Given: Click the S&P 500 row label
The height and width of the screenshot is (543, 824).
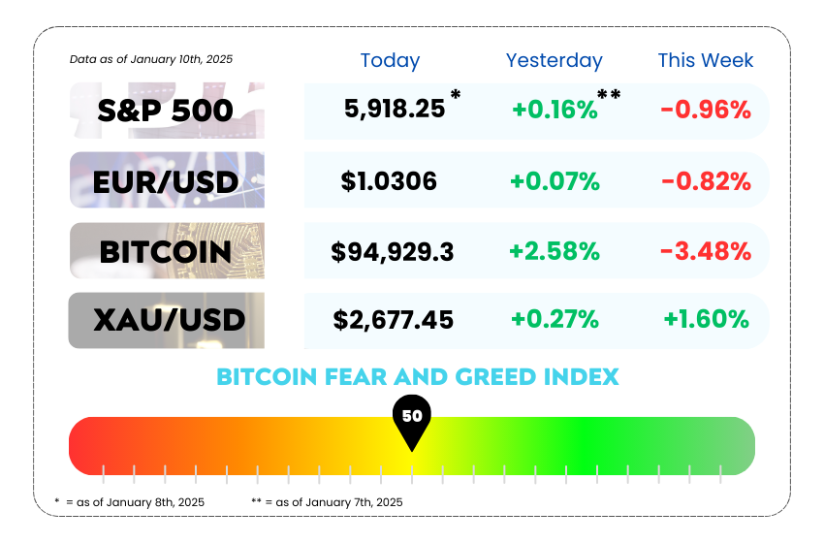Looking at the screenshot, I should pos(165,111).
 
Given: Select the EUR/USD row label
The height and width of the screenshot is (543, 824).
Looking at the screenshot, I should pos(166,181).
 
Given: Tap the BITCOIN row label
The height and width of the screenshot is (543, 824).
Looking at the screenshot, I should pos(166,252).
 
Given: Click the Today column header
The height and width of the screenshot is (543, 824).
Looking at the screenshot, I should pos(390,60).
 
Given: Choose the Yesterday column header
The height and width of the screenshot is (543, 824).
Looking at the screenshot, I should pos(554,60).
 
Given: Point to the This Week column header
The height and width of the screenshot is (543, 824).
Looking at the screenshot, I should pos(705,60).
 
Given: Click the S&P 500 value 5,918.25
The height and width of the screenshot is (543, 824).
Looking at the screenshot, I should pos(395,109).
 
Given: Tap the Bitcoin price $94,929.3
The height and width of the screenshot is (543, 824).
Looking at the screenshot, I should pos(392,252).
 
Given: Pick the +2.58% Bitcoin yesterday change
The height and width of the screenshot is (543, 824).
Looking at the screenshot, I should pos(554,252).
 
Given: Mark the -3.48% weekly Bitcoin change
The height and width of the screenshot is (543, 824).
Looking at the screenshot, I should pos(705,252).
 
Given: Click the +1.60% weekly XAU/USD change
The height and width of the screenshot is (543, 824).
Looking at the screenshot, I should pos(706,319).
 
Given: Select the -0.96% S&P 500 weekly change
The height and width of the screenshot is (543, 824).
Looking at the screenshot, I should pos(706,109).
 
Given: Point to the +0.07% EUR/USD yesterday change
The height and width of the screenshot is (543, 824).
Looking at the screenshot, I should pos(555,180).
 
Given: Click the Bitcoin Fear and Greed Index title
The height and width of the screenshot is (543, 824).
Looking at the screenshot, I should pos(417,376).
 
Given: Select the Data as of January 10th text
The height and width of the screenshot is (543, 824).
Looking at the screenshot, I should pos(151,59).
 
